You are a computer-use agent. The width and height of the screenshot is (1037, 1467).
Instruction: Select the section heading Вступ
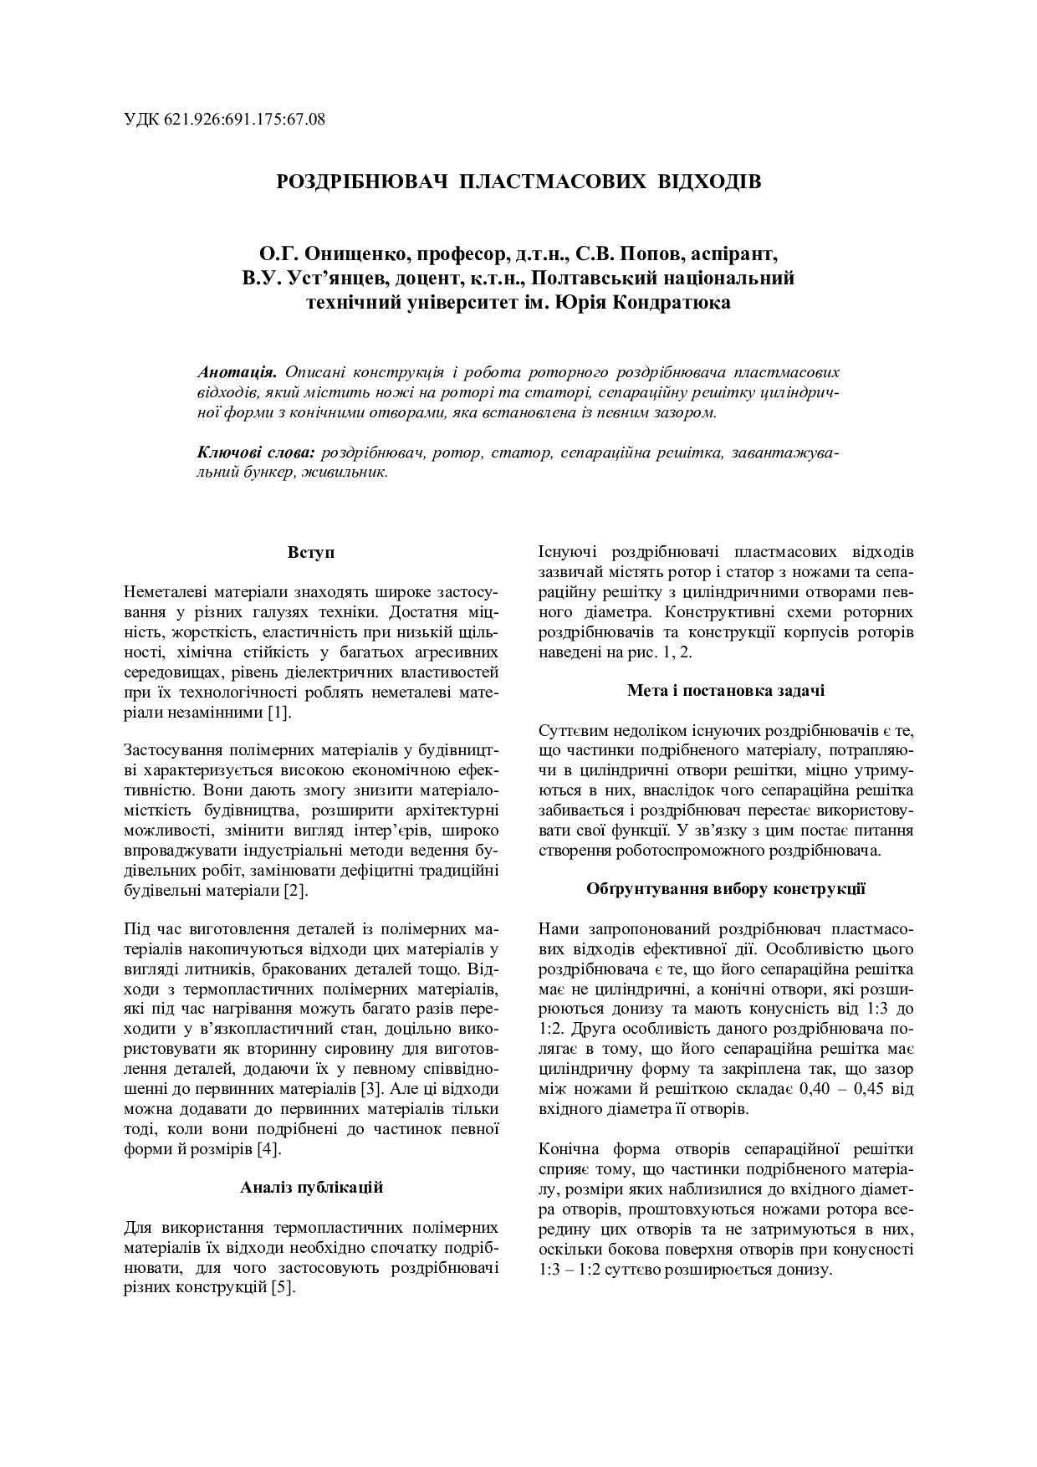coord(311,553)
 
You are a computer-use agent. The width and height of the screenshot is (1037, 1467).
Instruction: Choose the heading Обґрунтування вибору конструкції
coord(725,888)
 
